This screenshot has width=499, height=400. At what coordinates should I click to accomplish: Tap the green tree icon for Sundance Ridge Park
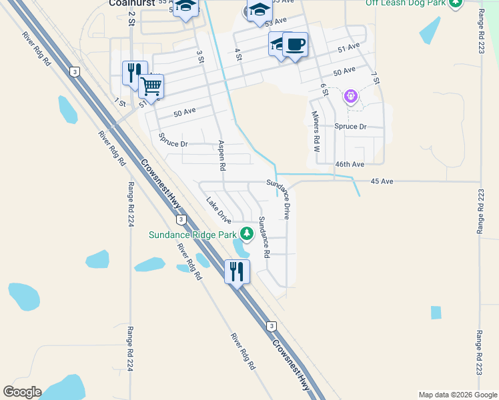(247, 233)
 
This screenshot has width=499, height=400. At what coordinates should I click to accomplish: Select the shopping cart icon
(151, 86)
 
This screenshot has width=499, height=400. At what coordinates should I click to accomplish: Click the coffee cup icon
(295, 45)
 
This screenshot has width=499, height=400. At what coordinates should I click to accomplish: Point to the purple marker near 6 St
(351, 97)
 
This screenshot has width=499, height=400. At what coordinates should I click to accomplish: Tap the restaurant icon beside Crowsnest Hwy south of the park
(237, 271)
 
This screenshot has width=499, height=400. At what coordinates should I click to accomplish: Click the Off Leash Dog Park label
(406, 3)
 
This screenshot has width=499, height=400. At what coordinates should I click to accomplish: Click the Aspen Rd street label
(222, 155)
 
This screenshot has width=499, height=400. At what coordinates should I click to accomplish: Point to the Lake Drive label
(219, 210)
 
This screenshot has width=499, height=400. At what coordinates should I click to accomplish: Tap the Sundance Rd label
(264, 237)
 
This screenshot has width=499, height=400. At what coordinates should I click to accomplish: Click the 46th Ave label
(350, 164)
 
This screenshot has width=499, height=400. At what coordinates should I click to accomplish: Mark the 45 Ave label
(383, 181)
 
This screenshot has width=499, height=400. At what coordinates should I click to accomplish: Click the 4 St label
(237, 54)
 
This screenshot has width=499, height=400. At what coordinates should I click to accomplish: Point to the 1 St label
(120, 102)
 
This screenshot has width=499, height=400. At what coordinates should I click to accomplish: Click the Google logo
(22, 392)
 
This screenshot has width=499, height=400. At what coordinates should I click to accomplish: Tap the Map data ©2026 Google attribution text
(457, 395)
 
